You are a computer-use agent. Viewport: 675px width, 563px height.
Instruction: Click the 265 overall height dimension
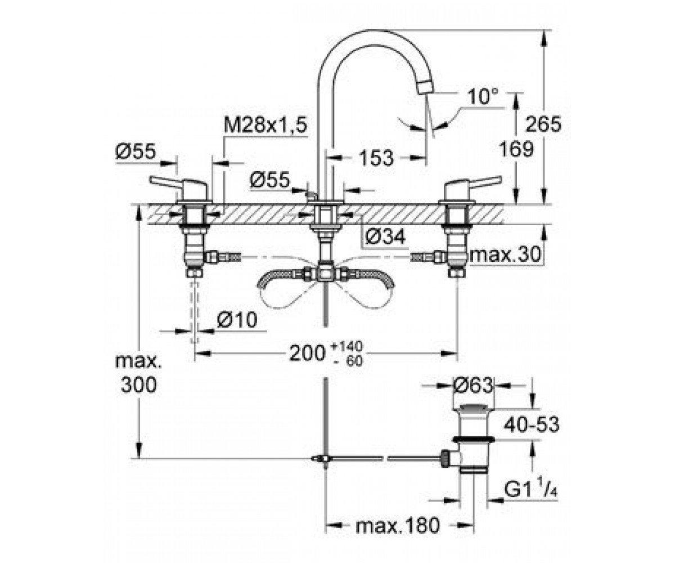[x=543, y=124]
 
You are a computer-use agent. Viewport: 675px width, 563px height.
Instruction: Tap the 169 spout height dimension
[x=516, y=149]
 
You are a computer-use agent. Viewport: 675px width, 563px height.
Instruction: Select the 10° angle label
[x=483, y=96]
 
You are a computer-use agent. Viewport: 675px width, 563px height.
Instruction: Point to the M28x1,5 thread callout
[x=265, y=125]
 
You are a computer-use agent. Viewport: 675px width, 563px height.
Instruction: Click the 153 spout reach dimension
[x=377, y=158]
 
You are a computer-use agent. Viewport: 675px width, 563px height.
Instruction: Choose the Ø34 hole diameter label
[x=385, y=236]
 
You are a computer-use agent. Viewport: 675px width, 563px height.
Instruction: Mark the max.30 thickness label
[x=505, y=254]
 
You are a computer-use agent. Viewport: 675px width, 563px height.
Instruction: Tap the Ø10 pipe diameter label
[x=237, y=320]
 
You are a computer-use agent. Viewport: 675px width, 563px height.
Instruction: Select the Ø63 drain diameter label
[x=473, y=385]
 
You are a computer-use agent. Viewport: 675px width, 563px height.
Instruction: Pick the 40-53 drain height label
[x=532, y=424]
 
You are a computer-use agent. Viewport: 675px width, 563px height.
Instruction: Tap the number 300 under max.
[x=139, y=385]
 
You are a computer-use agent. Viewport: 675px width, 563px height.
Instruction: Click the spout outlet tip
[x=425, y=87]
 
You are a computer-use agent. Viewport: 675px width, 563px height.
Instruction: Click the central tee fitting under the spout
[x=326, y=275]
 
